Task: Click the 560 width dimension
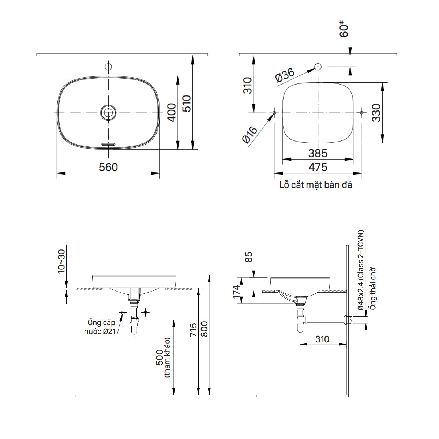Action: point(109,167)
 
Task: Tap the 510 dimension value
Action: point(187,104)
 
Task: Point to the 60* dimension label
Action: point(344,29)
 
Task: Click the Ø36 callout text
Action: point(285,75)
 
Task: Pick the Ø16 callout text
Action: point(249,134)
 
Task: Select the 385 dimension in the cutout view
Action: point(318,153)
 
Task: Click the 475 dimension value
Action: point(318,167)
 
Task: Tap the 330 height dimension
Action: point(376,113)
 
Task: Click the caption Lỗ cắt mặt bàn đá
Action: point(316,185)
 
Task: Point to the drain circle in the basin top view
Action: point(108,112)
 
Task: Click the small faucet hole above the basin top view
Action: point(108,67)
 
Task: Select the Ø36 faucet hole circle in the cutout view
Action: point(318,67)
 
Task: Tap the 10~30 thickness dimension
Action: point(61,261)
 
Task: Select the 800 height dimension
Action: point(204,329)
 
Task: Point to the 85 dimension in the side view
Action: point(248,257)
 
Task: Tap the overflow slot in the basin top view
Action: point(108,144)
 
